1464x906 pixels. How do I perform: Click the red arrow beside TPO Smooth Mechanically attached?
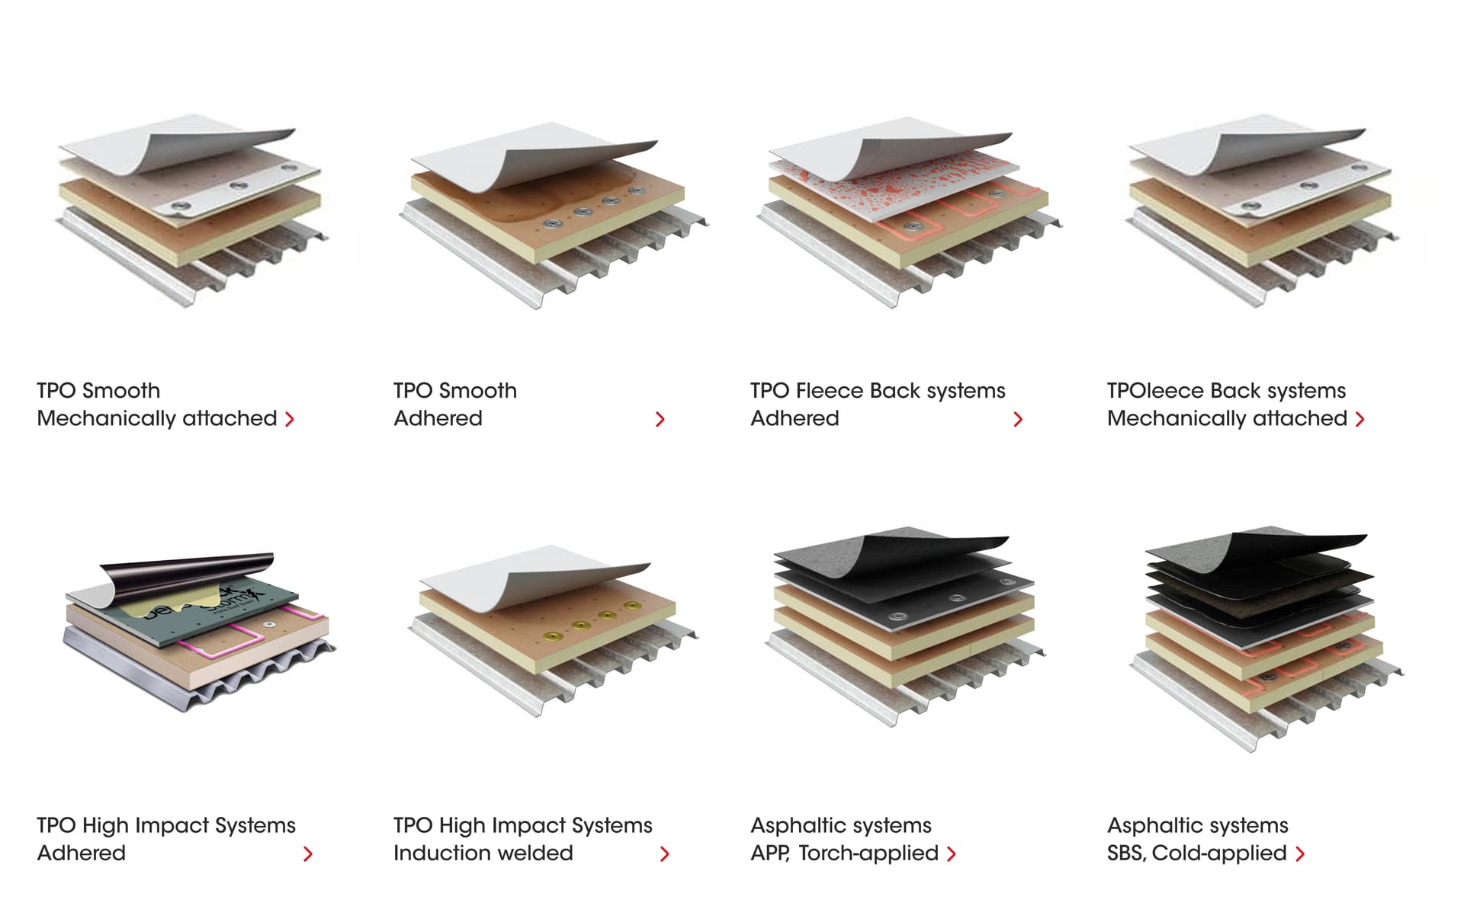[290, 419]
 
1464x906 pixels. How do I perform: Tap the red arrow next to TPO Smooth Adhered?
[660, 419]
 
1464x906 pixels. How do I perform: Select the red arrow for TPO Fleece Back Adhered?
[1018, 419]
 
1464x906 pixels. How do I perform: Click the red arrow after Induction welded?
[664, 854]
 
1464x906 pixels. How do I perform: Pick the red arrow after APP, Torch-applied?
[951, 854]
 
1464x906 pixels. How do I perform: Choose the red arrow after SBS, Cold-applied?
[1300, 854]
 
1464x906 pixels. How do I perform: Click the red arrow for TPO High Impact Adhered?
[307, 854]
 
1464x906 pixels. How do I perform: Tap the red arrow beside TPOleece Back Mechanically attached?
[1360, 419]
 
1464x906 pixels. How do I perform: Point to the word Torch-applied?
[868, 853]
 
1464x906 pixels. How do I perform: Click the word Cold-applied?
[1219, 853]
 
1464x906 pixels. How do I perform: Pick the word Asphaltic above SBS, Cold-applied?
[1152, 826]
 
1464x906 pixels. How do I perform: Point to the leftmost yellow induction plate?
[555, 635]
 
